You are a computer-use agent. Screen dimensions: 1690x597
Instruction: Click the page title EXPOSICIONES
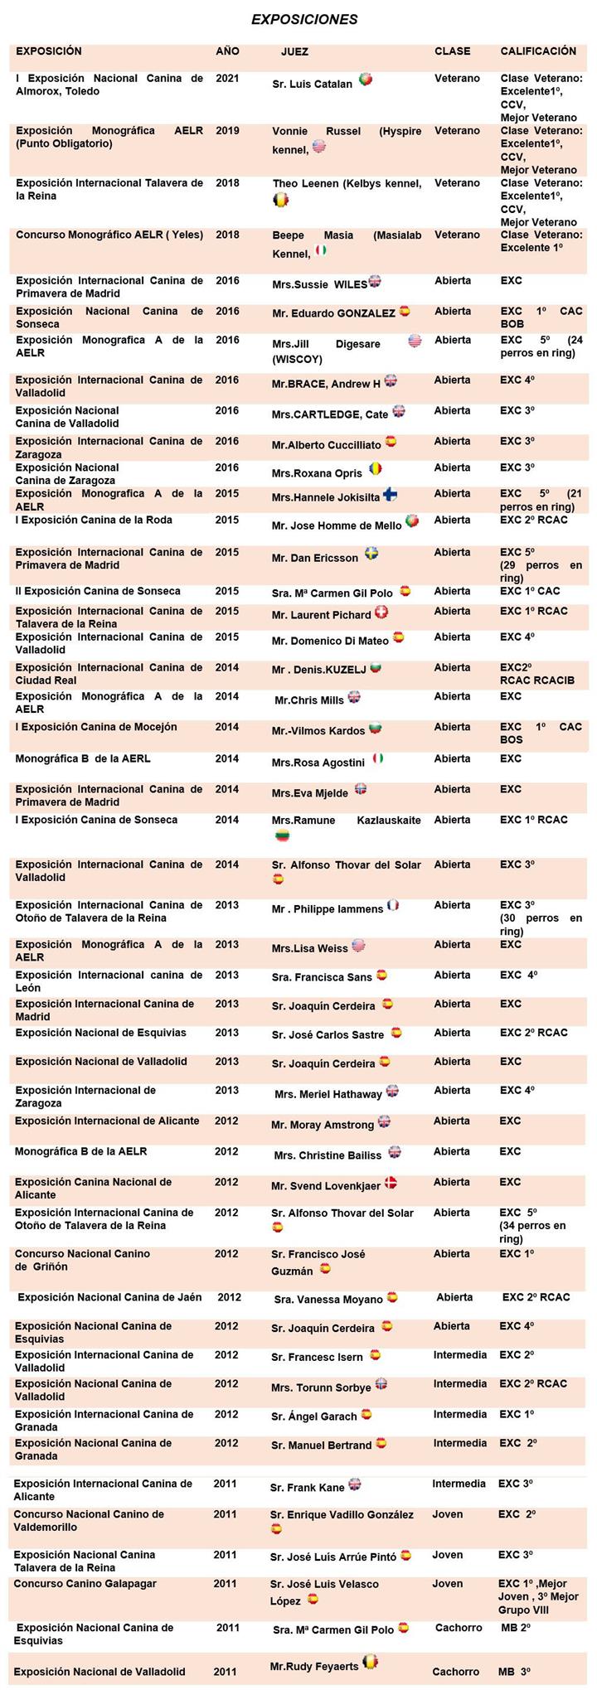(304, 19)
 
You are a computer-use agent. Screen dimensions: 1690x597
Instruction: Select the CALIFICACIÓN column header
(537, 51)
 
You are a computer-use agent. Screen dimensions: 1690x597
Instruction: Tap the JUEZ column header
(294, 51)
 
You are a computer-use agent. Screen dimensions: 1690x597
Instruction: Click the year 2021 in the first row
(227, 79)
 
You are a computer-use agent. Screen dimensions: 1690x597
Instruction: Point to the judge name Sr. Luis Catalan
(312, 85)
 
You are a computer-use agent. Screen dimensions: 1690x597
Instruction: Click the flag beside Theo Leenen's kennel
(280, 200)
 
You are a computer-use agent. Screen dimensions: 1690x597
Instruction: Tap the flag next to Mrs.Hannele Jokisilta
(390, 496)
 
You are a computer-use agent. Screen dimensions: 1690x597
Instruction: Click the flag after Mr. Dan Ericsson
(371, 554)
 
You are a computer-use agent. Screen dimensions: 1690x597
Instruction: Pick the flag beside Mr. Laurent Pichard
(381, 613)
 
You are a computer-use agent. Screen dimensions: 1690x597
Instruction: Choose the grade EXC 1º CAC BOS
(541, 733)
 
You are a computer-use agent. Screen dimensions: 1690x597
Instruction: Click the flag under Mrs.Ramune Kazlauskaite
(282, 836)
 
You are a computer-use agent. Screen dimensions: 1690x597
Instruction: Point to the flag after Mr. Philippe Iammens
(393, 905)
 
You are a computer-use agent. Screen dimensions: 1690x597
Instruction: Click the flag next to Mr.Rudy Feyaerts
(371, 1661)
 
